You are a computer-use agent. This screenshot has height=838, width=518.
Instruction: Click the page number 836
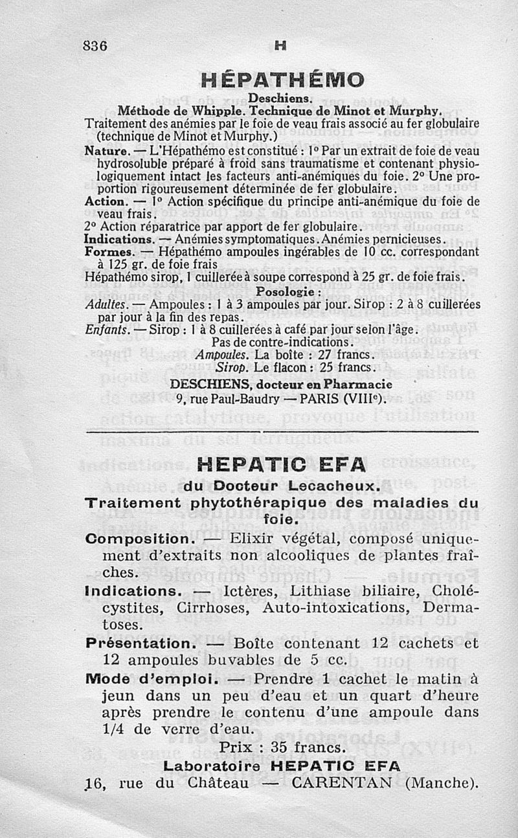95,46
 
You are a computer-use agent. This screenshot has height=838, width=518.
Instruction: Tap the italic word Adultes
106,304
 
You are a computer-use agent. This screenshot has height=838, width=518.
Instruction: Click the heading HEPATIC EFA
280,464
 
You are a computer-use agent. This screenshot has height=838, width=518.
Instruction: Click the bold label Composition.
137,539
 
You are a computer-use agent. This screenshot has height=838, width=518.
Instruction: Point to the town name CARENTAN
342,783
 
